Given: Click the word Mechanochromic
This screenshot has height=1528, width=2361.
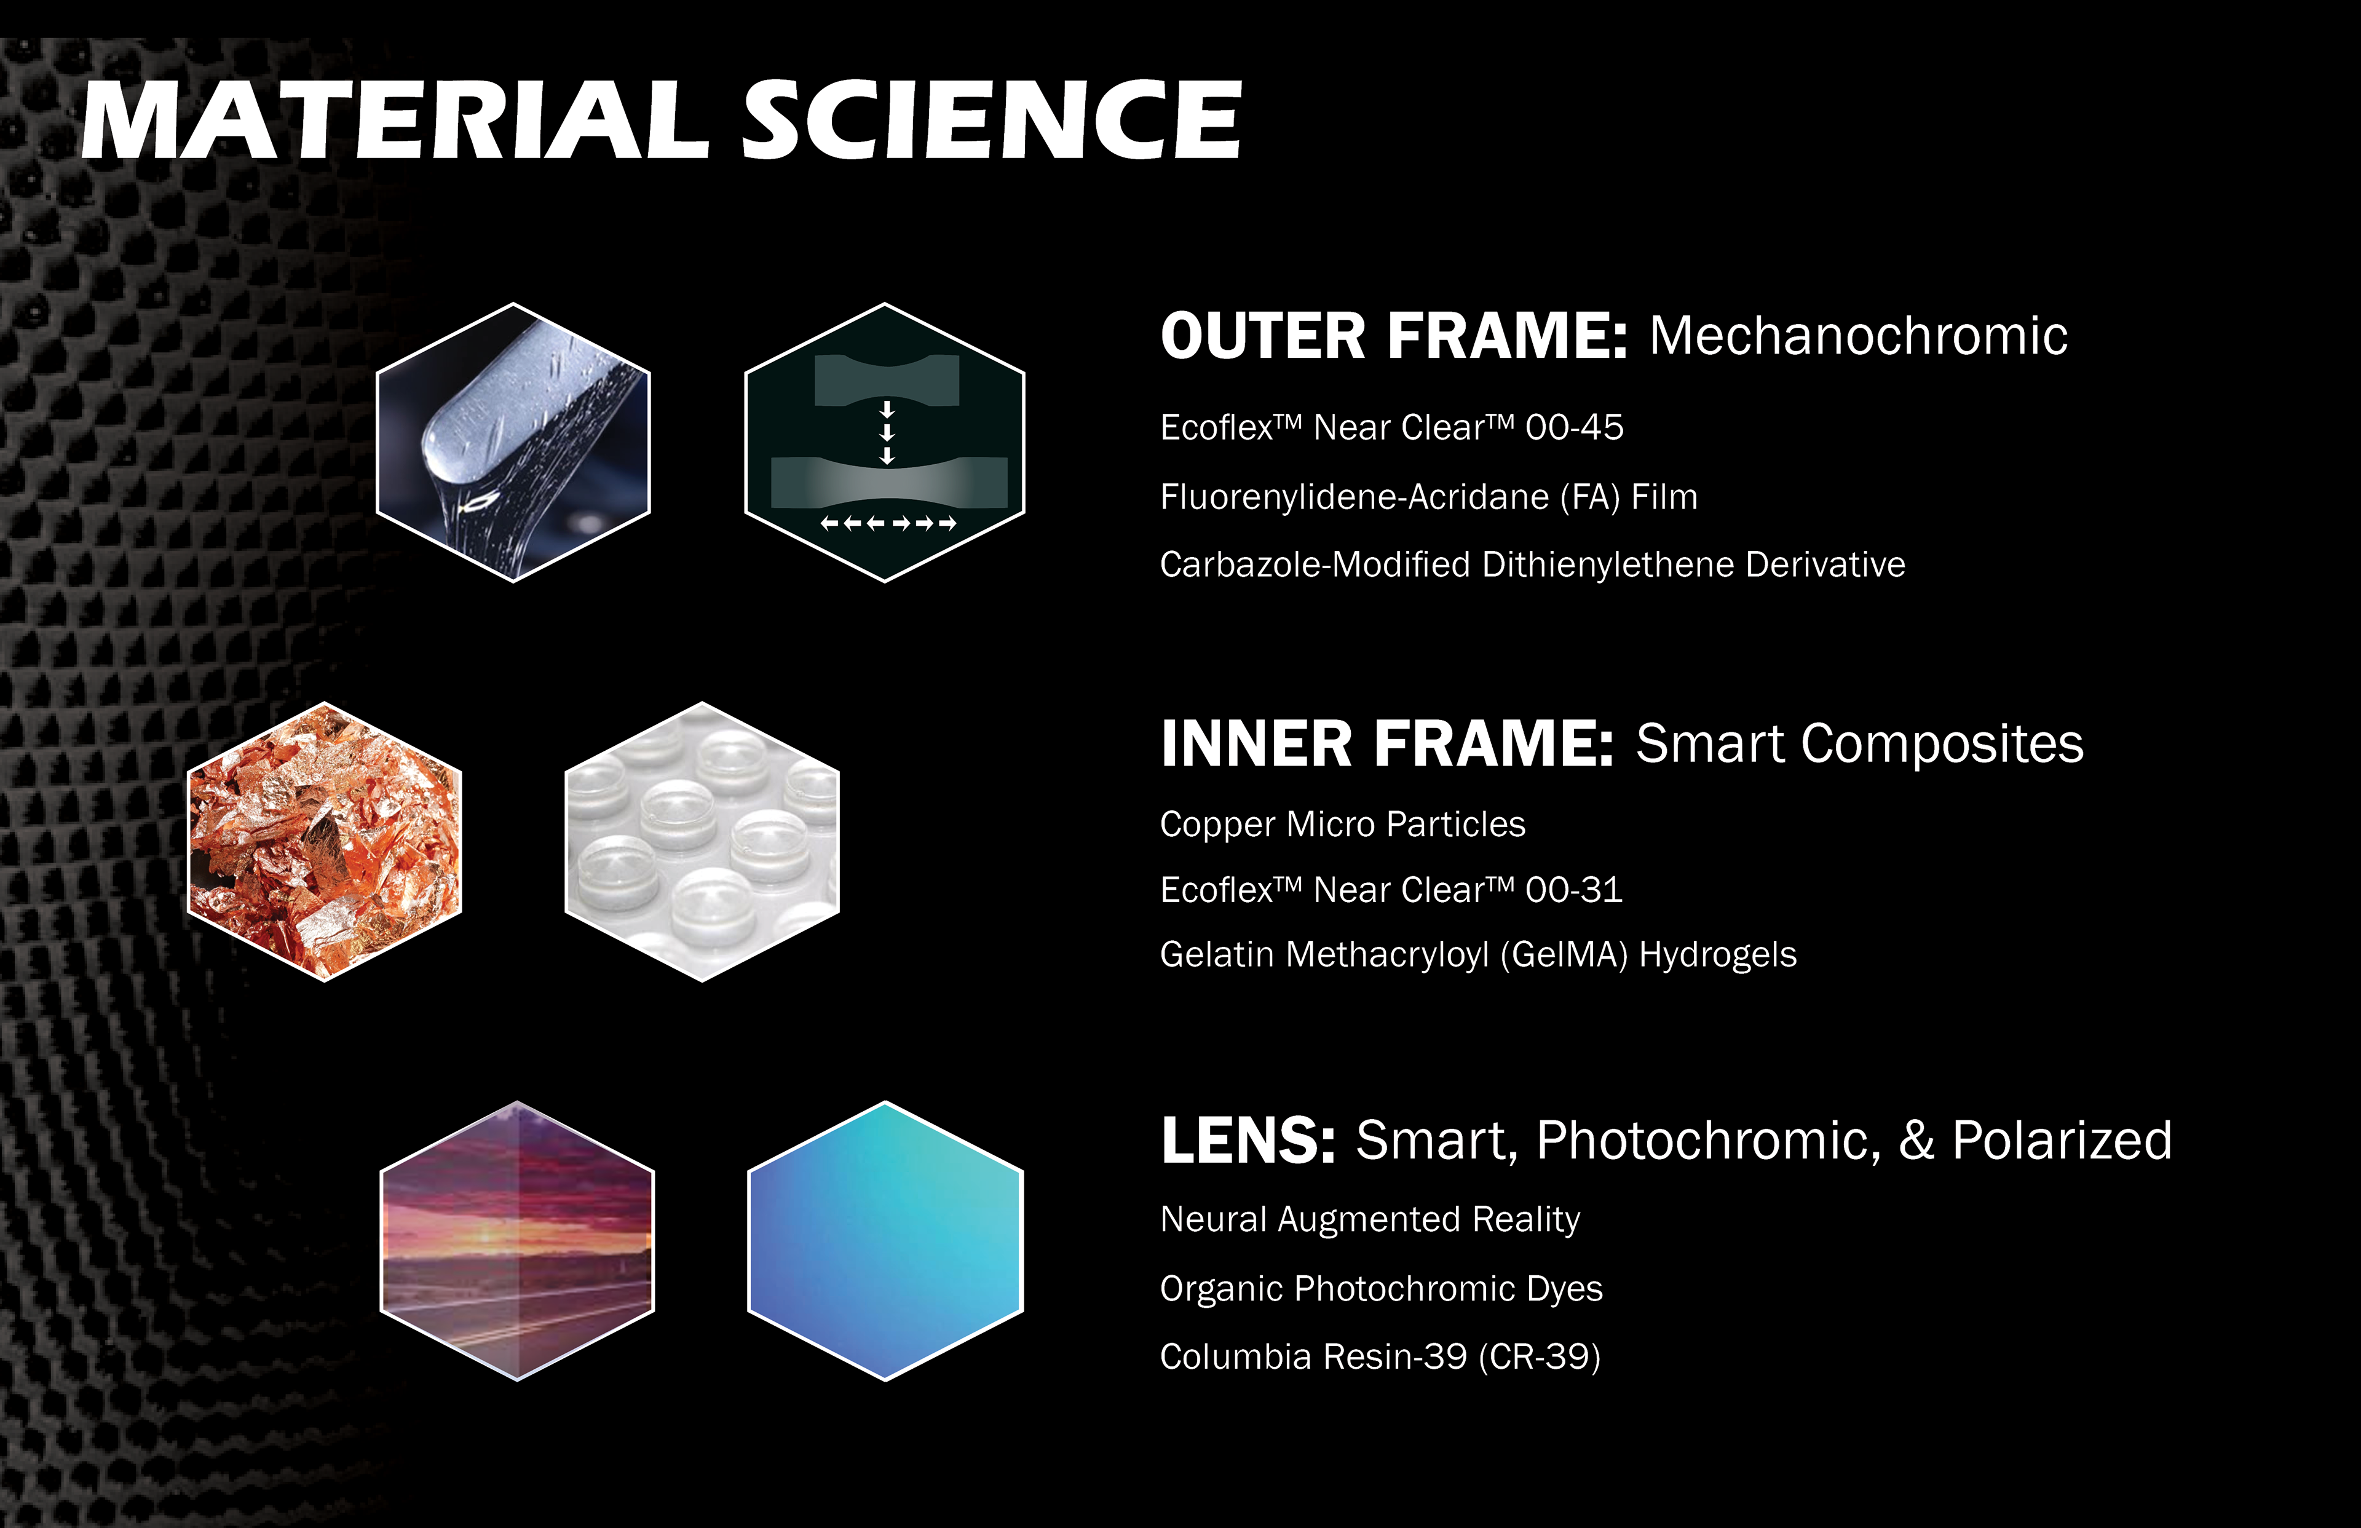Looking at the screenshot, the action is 1858,335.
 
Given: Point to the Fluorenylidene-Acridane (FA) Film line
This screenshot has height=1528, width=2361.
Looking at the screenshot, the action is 1428,497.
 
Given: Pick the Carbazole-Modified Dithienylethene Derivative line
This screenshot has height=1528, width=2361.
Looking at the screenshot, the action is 1533,564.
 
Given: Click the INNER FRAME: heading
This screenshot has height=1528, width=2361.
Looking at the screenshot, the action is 1387,744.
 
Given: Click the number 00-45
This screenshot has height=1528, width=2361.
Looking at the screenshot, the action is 1575,427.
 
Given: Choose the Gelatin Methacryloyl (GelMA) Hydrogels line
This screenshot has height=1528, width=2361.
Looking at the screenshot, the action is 1478,954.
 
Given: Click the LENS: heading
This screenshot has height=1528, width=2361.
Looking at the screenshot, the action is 1248,1141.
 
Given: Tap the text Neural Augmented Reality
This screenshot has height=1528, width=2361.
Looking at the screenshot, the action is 1370,1219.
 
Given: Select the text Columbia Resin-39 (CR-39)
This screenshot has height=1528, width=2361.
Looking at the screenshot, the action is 1380,1356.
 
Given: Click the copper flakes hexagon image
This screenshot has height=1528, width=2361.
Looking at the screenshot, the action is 325,841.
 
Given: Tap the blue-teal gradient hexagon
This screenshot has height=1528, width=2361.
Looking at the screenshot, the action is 885,1240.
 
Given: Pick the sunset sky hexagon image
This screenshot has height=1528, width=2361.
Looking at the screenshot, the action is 517,1240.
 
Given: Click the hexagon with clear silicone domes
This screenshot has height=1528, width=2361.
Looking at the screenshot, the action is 702,841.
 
